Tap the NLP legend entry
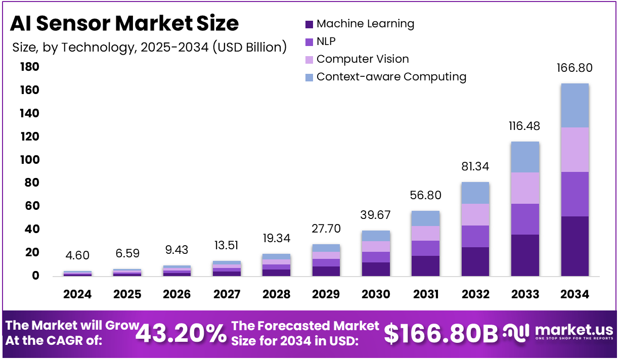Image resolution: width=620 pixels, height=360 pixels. pos(326,41)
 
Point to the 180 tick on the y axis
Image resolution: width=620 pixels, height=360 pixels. pos(29,67)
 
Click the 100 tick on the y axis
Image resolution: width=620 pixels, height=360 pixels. pos(29,160)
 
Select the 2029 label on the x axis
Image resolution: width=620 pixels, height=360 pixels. pos(326,294)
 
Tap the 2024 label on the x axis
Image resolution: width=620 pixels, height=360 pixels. pos(77,294)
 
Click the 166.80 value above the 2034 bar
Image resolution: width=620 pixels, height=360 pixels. pos(574,68)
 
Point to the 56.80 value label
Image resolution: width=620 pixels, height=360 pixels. pos(425,195)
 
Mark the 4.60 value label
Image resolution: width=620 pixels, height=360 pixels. pos(77,255)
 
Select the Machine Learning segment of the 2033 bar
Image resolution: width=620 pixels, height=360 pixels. pos(524,255)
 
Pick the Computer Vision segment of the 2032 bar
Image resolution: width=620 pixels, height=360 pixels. pos(475,214)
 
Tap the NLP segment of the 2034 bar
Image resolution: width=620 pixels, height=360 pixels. pos(574,194)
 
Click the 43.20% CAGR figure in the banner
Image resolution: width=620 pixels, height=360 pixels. pos(182,333)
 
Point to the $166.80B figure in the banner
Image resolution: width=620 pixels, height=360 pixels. pos(440,333)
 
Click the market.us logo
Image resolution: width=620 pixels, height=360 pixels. pos(558,332)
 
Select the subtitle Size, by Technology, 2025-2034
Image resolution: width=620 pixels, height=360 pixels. pos(149,48)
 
